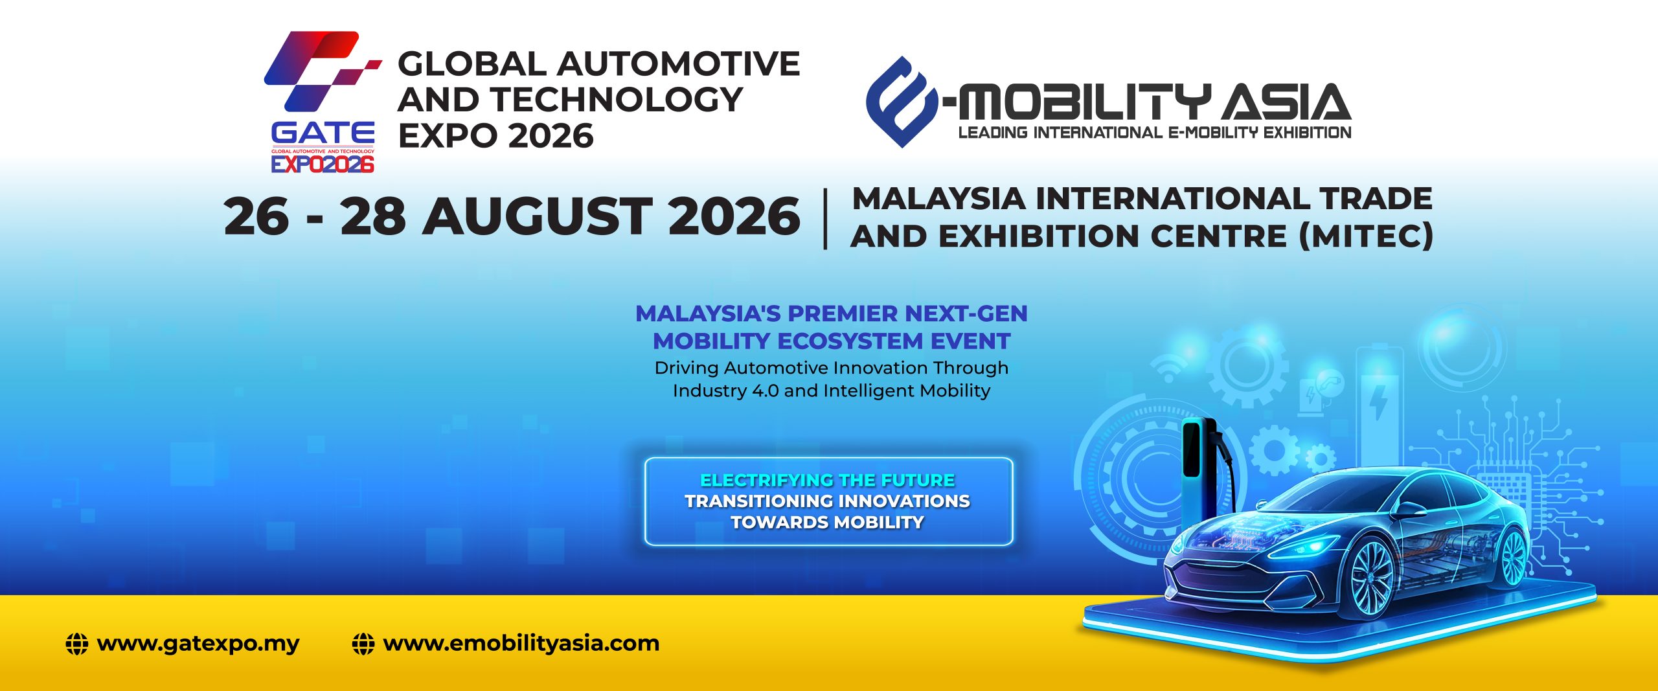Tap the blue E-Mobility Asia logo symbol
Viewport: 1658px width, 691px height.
[x=902, y=102]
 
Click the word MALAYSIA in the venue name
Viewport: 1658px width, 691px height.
[x=938, y=198]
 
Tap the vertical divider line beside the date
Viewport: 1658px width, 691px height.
[x=825, y=219]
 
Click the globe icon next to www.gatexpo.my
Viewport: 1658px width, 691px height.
[x=77, y=644]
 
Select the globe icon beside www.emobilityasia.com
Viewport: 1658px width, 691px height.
[x=363, y=644]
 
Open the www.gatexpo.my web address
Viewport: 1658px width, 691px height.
[x=198, y=644]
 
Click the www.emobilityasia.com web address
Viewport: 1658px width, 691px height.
[x=521, y=644]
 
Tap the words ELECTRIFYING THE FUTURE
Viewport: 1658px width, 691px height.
[x=828, y=480]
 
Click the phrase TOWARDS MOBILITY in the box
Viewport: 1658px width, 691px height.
[x=828, y=522]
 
